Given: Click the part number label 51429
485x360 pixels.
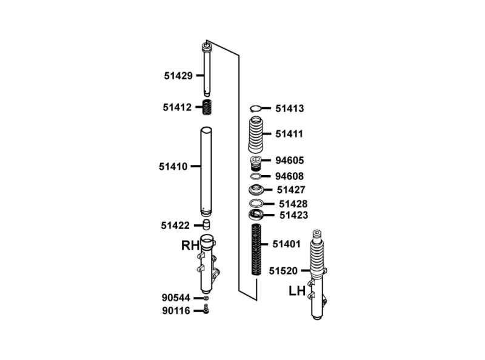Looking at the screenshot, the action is coord(178,76).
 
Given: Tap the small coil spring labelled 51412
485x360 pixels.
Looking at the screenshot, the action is coord(207,107).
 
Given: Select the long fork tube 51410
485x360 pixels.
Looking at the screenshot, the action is coord(206,172).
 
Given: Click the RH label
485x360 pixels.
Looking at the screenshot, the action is coord(190,245).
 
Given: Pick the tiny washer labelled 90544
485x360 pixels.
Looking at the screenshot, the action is coord(206,298).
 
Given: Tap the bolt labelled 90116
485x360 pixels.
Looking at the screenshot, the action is coord(206,308).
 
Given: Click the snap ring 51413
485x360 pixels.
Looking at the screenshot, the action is coord(256,108).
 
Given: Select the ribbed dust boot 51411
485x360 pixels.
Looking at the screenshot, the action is coord(256,134).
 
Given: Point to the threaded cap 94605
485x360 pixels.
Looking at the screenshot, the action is coord(256,163).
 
